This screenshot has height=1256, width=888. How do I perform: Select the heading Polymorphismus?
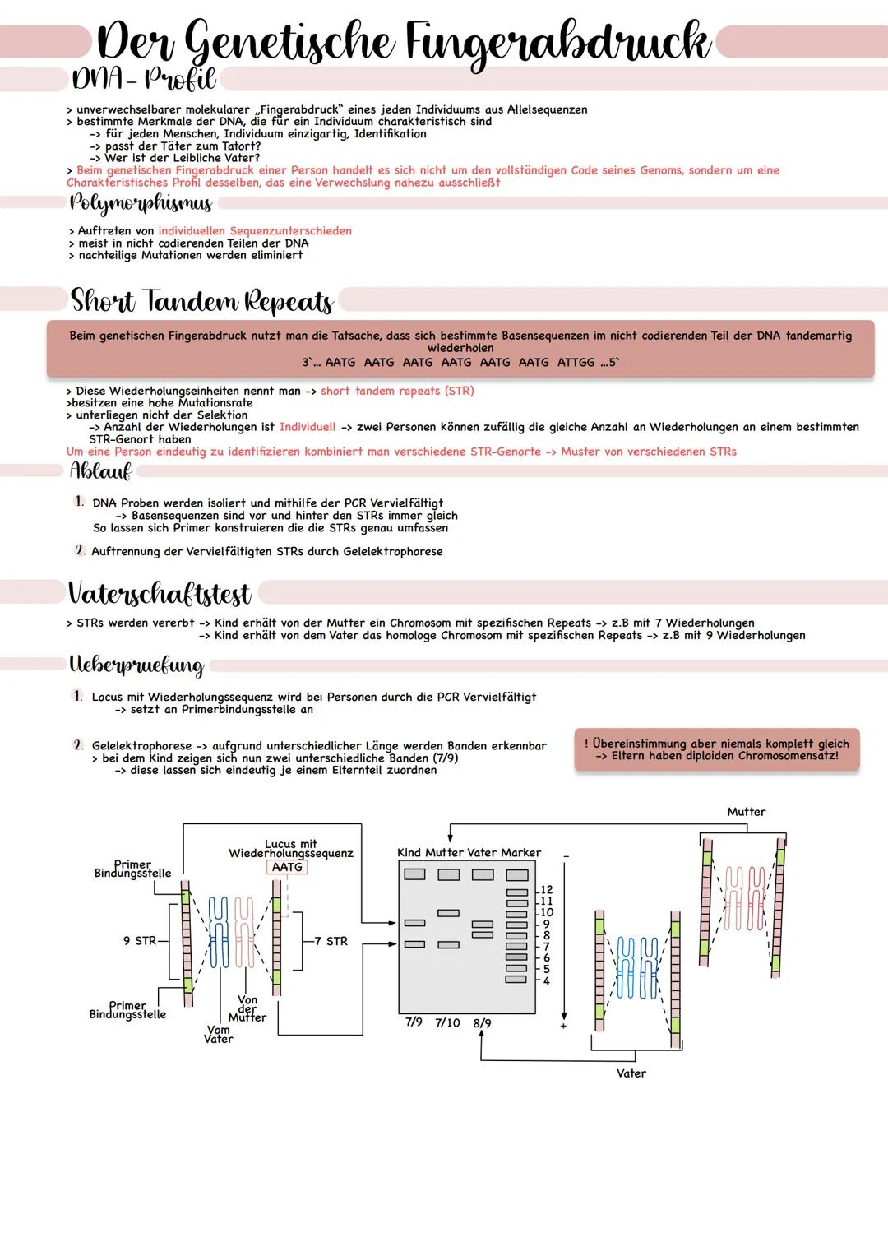click(x=141, y=203)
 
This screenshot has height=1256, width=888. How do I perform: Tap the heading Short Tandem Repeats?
click(x=201, y=301)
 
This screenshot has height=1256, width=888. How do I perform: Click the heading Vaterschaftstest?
click(x=160, y=593)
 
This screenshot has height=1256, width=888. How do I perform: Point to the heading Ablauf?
click(x=100, y=471)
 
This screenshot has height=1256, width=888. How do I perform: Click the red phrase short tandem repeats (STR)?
click(x=397, y=391)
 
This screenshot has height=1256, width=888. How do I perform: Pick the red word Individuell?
click(x=308, y=427)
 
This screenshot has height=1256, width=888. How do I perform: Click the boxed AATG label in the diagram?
click(x=287, y=867)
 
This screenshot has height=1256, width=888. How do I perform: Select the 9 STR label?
click(x=140, y=941)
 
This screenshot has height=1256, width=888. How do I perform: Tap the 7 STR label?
click(x=331, y=941)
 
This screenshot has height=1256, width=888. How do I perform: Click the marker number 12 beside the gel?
click(x=547, y=890)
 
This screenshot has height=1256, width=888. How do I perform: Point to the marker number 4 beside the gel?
click(x=547, y=980)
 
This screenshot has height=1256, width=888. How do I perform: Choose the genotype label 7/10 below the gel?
click(x=447, y=1022)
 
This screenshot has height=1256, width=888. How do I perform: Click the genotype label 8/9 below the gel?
click(x=482, y=1023)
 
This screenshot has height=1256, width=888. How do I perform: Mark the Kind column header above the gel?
click(x=409, y=853)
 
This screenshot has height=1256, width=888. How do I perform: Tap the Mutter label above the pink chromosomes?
click(x=746, y=812)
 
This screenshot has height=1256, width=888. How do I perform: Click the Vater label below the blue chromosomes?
click(x=631, y=1073)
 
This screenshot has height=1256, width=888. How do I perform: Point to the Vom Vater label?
click(x=219, y=1034)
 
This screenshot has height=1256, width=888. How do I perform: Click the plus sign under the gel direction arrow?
click(x=564, y=1027)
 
